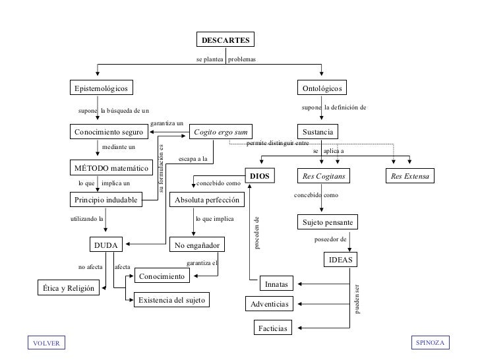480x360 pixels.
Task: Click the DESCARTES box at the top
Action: (x=225, y=40)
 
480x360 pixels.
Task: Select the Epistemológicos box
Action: (x=102, y=88)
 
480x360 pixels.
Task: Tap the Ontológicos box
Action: (x=322, y=88)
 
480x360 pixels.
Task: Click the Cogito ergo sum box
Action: (x=221, y=132)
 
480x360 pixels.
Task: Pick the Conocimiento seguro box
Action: (x=109, y=132)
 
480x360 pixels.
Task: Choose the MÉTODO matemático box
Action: (x=111, y=167)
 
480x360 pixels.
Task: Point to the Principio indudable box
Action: (x=106, y=200)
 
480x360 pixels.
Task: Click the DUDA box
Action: (x=106, y=245)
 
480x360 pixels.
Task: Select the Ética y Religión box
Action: (x=69, y=287)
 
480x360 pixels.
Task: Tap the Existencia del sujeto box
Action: (x=171, y=300)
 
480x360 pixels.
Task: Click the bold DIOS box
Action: (x=260, y=175)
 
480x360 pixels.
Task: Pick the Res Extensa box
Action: (x=410, y=175)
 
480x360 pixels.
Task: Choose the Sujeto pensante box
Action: (x=328, y=222)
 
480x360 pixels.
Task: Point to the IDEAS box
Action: (x=340, y=260)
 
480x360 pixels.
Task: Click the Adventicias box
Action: (x=269, y=304)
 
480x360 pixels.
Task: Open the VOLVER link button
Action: (x=46, y=343)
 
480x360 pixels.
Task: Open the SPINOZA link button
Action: (x=430, y=342)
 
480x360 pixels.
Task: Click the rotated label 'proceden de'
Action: (x=257, y=233)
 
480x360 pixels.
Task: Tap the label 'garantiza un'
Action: (x=167, y=123)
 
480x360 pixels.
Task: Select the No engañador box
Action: (x=197, y=245)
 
